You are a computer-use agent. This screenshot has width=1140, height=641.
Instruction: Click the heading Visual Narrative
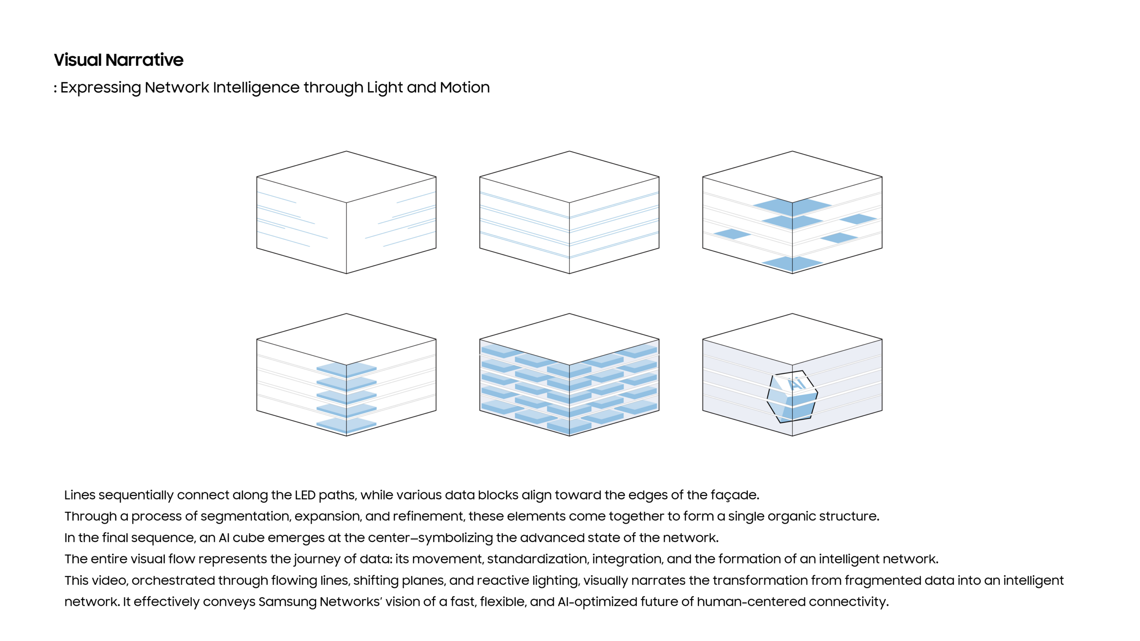118,60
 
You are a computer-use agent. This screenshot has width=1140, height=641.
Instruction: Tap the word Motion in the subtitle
465,87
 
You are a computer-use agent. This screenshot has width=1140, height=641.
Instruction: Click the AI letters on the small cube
797,384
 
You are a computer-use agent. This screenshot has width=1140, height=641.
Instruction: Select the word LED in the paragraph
305,495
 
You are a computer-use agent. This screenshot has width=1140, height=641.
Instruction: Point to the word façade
735,495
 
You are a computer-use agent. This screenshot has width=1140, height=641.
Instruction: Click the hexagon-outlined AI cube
792,397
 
